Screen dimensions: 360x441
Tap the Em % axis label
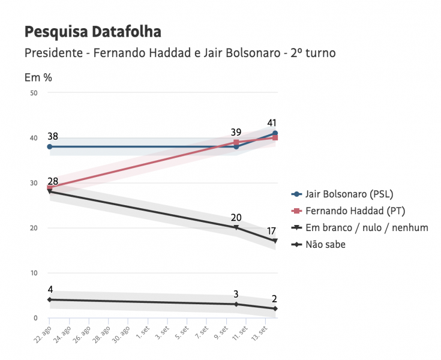click(x=37, y=77)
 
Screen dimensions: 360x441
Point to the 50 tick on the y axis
click(x=34, y=93)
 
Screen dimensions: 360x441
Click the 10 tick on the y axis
click(x=34, y=273)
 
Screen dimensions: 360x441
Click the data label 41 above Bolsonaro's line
click(x=271, y=124)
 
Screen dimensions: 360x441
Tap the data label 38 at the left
click(x=53, y=137)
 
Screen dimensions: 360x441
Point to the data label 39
click(x=236, y=133)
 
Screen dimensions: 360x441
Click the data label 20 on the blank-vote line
click(x=236, y=218)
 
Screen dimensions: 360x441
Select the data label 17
click(x=271, y=231)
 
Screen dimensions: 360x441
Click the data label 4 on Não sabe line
click(x=50, y=290)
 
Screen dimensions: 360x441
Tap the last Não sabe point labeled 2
click(x=275, y=308)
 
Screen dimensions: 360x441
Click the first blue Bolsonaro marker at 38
click(x=50, y=146)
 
